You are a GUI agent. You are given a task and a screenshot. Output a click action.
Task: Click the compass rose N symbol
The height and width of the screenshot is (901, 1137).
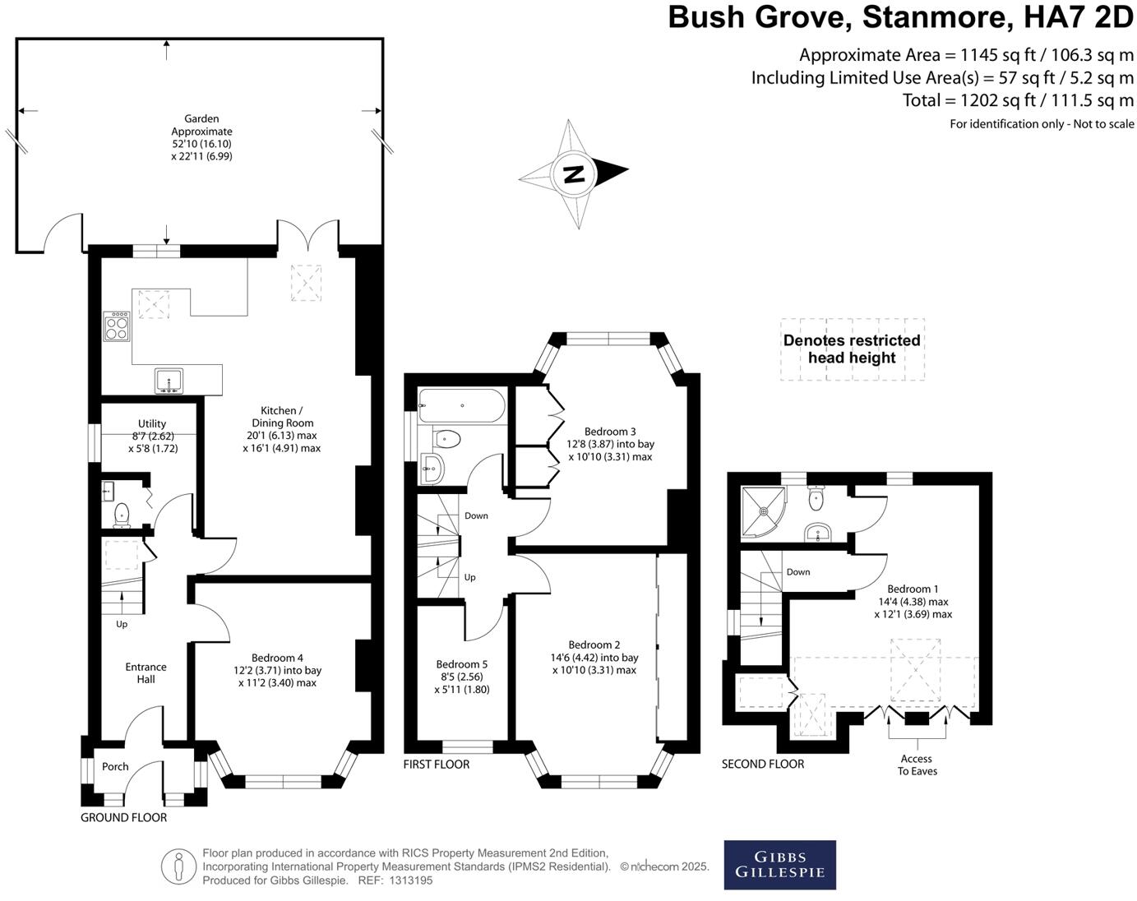click(574, 174)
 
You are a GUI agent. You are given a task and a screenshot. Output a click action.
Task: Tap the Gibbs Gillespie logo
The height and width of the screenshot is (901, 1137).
click(779, 864)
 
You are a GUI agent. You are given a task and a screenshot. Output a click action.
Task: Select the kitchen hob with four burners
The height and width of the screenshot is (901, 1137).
click(116, 326)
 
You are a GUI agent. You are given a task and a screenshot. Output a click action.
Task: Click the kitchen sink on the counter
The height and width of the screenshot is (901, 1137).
click(169, 380)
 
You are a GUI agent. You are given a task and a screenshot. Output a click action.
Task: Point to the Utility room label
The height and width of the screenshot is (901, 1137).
click(152, 424)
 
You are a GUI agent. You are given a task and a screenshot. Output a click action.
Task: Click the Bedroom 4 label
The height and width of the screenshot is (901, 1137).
click(277, 658)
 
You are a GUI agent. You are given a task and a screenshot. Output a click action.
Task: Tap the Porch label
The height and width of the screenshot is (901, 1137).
click(115, 766)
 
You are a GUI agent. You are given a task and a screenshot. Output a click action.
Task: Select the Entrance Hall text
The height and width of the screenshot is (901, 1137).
click(146, 672)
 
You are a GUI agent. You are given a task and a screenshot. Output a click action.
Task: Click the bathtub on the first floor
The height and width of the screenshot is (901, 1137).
click(461, 406)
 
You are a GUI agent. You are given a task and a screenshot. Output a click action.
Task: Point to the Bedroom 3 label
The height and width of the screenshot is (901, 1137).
click(610, 432)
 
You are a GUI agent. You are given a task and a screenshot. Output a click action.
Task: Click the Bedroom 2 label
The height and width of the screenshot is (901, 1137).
click(594, 645)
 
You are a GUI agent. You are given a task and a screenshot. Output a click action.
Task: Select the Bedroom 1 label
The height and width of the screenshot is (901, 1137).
click(913, 589)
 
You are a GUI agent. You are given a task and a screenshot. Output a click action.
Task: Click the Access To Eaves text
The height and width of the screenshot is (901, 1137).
click(917, 765)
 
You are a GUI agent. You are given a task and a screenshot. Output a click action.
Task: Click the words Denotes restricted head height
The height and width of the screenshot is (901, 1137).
click(852, 349)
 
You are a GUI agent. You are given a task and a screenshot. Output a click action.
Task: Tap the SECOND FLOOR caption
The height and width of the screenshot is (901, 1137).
click(762, 765)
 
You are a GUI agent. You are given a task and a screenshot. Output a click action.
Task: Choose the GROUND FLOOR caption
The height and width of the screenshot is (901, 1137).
click(123, 817)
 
